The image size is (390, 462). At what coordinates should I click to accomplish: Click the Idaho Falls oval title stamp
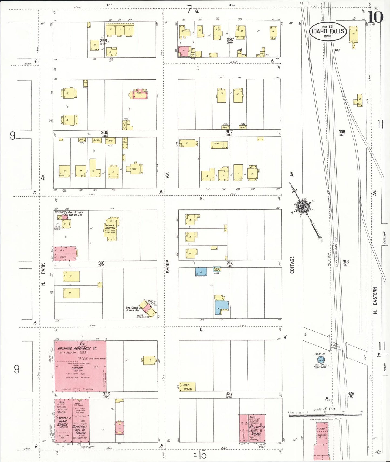tap(328, 31)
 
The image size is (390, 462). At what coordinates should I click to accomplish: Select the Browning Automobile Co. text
tap(77, 348)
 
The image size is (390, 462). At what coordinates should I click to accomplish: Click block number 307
tap(229, 132)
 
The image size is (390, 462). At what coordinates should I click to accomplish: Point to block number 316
tap(101, 263)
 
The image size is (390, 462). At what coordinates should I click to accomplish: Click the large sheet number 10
tap(375, 18)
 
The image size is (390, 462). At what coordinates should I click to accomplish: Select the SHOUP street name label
tap(168, 266)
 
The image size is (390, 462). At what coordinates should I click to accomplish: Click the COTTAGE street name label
tap(292, 265)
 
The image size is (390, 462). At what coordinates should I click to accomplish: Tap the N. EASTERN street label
tap(375, 300)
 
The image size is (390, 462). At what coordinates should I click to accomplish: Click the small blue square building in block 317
tap(201, 272)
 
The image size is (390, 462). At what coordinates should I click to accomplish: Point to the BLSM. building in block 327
tap(187, 387)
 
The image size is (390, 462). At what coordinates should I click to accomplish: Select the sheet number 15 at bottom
tap(203, 455)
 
